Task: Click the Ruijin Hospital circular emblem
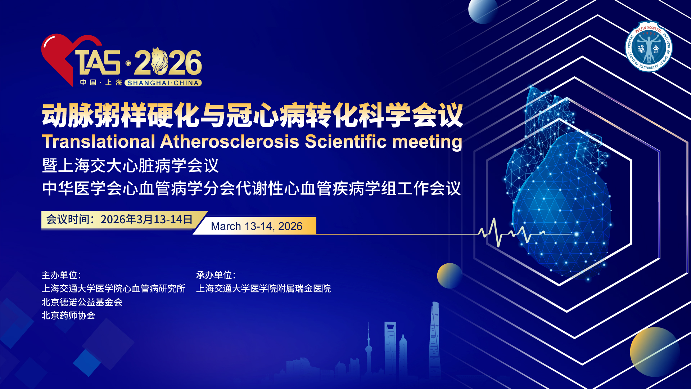(649, 46)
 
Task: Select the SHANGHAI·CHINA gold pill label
(163, 83)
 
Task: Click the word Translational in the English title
(99, 141)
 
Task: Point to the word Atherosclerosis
(230, 141)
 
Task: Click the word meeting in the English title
(427, 142)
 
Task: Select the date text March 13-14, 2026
(257, 226)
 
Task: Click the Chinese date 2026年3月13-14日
(146, 219)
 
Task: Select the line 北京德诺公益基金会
(82, 302)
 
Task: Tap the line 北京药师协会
(68, 316)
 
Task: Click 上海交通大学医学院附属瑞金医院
(263, 289)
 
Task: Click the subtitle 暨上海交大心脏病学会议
(130, 166)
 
